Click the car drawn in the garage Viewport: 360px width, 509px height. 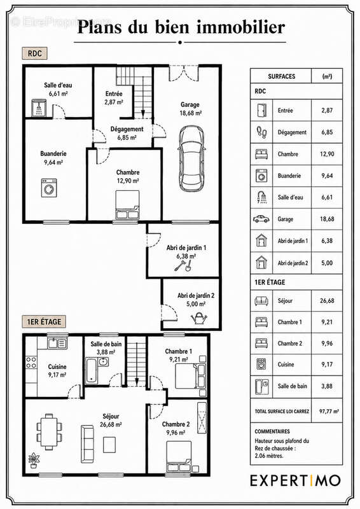click(191, 158)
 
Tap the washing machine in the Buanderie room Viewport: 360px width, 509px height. click(49, 188)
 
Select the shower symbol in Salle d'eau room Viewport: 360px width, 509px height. click(39, 108)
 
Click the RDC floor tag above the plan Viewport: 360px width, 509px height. click(34, 53)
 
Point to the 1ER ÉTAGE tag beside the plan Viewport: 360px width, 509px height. click(44, 322)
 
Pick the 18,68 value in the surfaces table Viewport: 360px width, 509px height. click(327, 219)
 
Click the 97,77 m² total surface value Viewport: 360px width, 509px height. click(329, 411)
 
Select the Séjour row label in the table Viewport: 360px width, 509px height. click(285, 301)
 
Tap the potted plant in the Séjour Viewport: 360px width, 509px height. click(34, 460)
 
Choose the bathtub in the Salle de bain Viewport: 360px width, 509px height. click(91, 370)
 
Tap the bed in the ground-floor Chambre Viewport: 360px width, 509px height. click(128, 205)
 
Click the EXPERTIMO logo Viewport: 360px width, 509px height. click(295, 480)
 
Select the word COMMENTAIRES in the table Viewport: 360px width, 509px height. click(272, 431)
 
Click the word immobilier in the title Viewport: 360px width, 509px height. click(241, 27)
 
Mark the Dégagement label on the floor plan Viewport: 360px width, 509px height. click(127, 129)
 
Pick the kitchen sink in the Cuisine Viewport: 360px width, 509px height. click(57, 343)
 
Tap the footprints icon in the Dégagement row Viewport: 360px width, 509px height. click(261, 132)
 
